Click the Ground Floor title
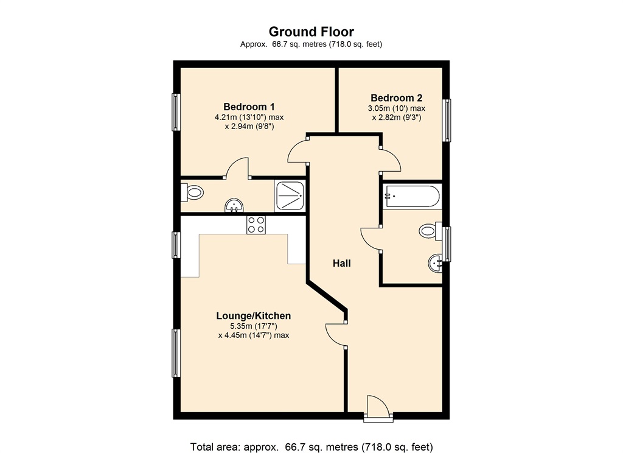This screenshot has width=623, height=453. coord(311,32)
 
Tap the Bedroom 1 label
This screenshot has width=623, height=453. coord(249,107)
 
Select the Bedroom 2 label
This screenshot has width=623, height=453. coord(396,98)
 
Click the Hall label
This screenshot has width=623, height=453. coord(342,263)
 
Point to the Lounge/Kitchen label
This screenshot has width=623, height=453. coord(254,316)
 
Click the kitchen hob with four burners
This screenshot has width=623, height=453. coord(256,225)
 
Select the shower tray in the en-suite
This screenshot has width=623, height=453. coord(289,195)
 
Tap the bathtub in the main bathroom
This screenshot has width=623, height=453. coord(412,197)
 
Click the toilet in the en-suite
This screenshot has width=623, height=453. coord(192,193)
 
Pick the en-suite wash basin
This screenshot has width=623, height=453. coord(234,206)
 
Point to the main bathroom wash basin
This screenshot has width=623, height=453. coord(435,263)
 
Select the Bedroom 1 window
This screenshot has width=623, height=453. coord(176,112)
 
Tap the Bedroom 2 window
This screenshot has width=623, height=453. coord(447,120)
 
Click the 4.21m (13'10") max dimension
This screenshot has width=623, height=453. coord(249,118)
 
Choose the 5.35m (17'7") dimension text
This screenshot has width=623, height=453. coord(254,326)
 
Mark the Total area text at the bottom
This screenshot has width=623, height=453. coord(311,447)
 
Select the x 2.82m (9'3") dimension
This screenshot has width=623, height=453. coord(397,118)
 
